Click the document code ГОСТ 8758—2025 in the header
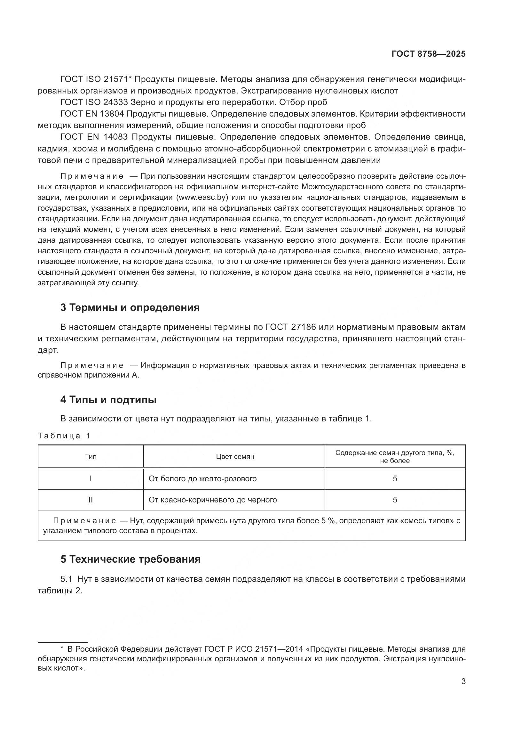[x=428, y=54]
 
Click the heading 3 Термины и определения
[x=130, y=308]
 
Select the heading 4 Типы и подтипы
[x=108, y=400]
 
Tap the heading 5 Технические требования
[x=130, y=559]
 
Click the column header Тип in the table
[x=91, y=457]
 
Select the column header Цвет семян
[x=235, y=457]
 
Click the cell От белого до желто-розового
[x=202, y=478]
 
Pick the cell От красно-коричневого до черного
[x=212, y=500]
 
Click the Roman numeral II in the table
[x=91, y=500]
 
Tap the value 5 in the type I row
[x=395, y=478]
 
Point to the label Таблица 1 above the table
[x=64, y=436]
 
